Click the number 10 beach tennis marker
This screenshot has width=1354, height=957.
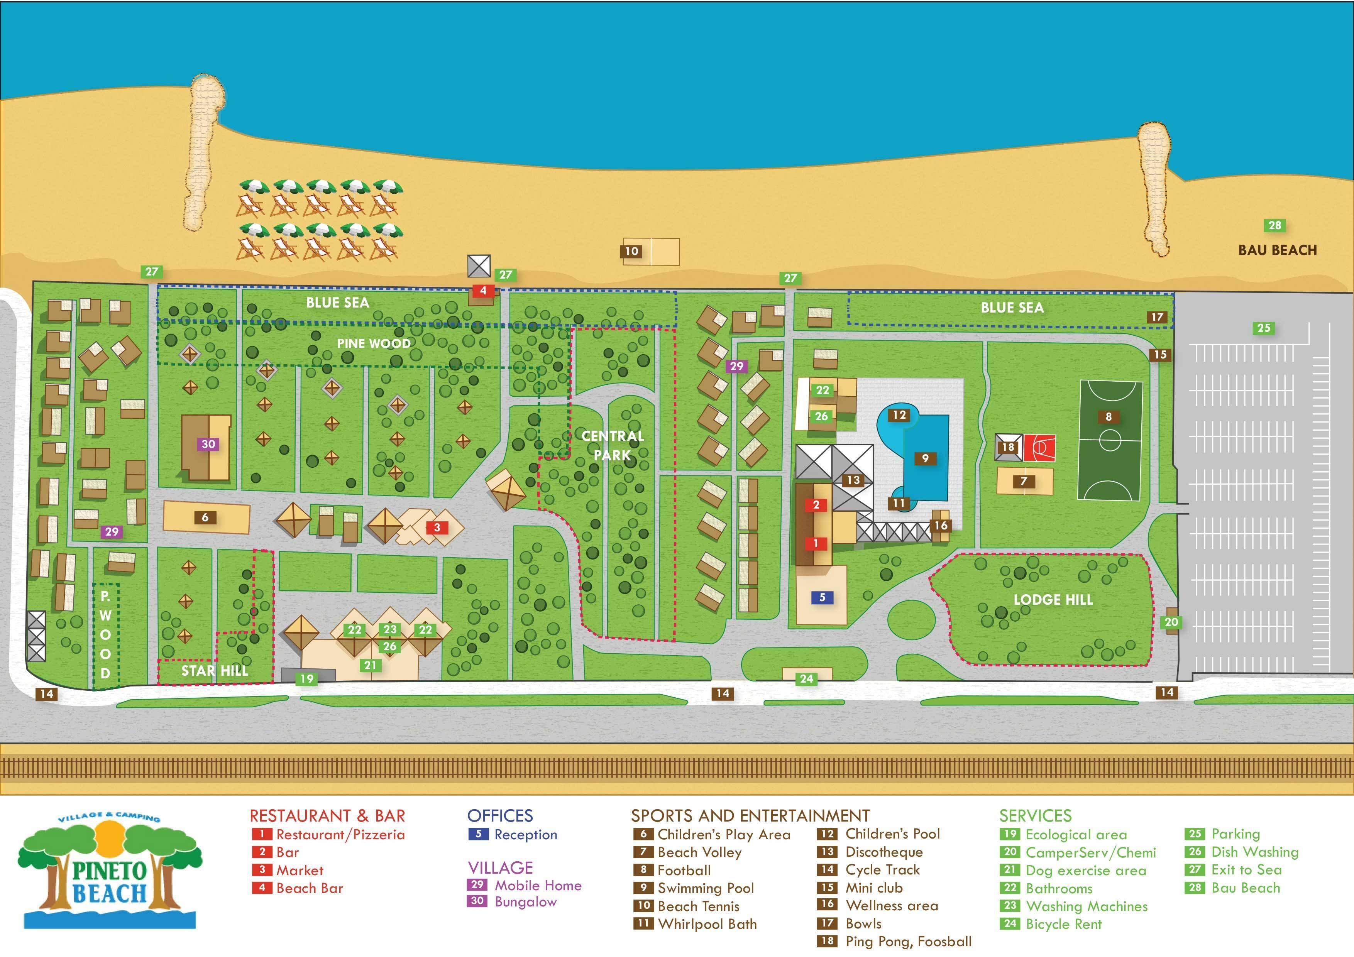[631, 251]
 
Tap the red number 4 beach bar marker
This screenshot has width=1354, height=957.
[483, 291]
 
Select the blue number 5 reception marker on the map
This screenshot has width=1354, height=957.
[822, 597]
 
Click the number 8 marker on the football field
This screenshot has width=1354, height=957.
[1108, 417]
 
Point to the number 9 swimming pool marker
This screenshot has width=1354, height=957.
[925, 458]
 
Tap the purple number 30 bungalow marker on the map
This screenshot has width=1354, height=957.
[208, 444]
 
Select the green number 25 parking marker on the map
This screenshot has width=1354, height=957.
[1263, 328]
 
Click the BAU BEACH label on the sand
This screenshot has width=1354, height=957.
[1277, 250]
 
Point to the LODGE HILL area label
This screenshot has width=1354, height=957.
[1053, 600]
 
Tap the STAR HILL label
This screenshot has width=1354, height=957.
[215, 670]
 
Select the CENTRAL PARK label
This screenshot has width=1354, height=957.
[613, 445]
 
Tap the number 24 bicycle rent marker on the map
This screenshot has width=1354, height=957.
[806, 679]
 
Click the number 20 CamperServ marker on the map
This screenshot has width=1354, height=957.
[1171, 622]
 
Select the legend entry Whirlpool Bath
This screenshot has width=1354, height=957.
[706, 924]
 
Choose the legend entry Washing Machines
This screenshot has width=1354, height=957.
[1086, 906]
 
